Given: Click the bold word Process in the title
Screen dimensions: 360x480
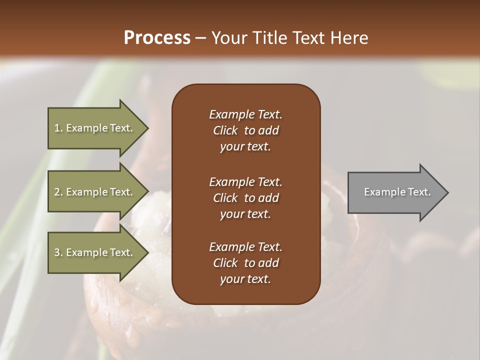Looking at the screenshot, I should [x=157, y=38].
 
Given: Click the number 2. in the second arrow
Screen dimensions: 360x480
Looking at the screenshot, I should [x=58, y=192].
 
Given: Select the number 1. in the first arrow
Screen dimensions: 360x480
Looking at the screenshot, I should [x=58, y=128].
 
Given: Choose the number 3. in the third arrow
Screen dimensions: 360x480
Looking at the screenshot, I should [x=58, y=252].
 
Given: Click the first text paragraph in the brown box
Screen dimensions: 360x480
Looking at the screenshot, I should [x=245, y=130].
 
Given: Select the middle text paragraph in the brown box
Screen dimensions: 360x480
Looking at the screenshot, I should [x=245, y=198].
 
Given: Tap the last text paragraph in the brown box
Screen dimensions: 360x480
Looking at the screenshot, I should [x=245, y=263].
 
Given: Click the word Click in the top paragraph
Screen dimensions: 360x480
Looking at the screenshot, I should [x=225, y=130].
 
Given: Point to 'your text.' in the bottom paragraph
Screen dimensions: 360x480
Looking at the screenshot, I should [x=245, y=279].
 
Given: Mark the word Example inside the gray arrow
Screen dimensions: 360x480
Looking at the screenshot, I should [x=381, y=192].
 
